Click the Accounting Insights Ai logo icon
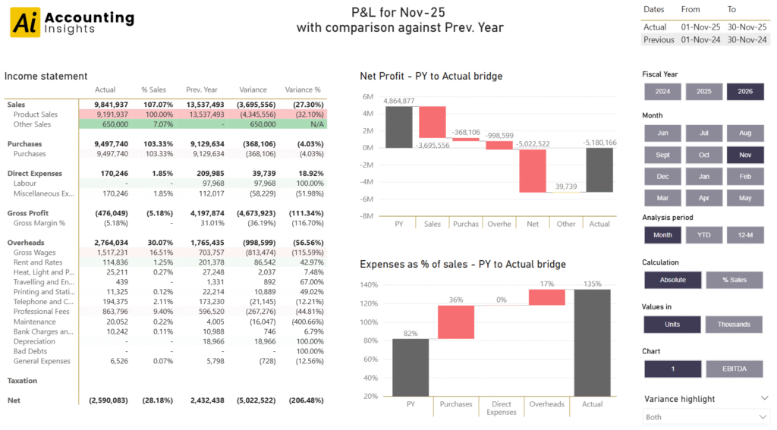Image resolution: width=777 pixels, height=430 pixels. point(25,23)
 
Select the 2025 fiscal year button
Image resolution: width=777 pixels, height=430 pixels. point(703,92)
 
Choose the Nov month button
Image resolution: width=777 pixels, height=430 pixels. point(744,155)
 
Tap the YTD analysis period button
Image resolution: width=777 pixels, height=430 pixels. point(703,235)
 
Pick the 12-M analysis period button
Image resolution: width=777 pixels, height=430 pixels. point(744,235)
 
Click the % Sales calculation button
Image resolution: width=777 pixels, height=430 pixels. point(734,280)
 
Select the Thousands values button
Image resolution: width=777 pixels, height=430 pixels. point(734,325)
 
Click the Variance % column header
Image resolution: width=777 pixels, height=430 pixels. point(303,89)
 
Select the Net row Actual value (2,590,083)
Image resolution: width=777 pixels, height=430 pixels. point(109,400)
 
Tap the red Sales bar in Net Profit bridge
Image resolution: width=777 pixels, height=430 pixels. point(433,123)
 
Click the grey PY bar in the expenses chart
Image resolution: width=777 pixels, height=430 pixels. point(411,367)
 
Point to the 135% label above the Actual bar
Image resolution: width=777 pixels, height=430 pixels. point(592,284)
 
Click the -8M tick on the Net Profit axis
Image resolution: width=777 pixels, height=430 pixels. point(366,216)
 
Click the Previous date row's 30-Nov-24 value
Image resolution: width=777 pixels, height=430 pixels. point(747,39)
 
